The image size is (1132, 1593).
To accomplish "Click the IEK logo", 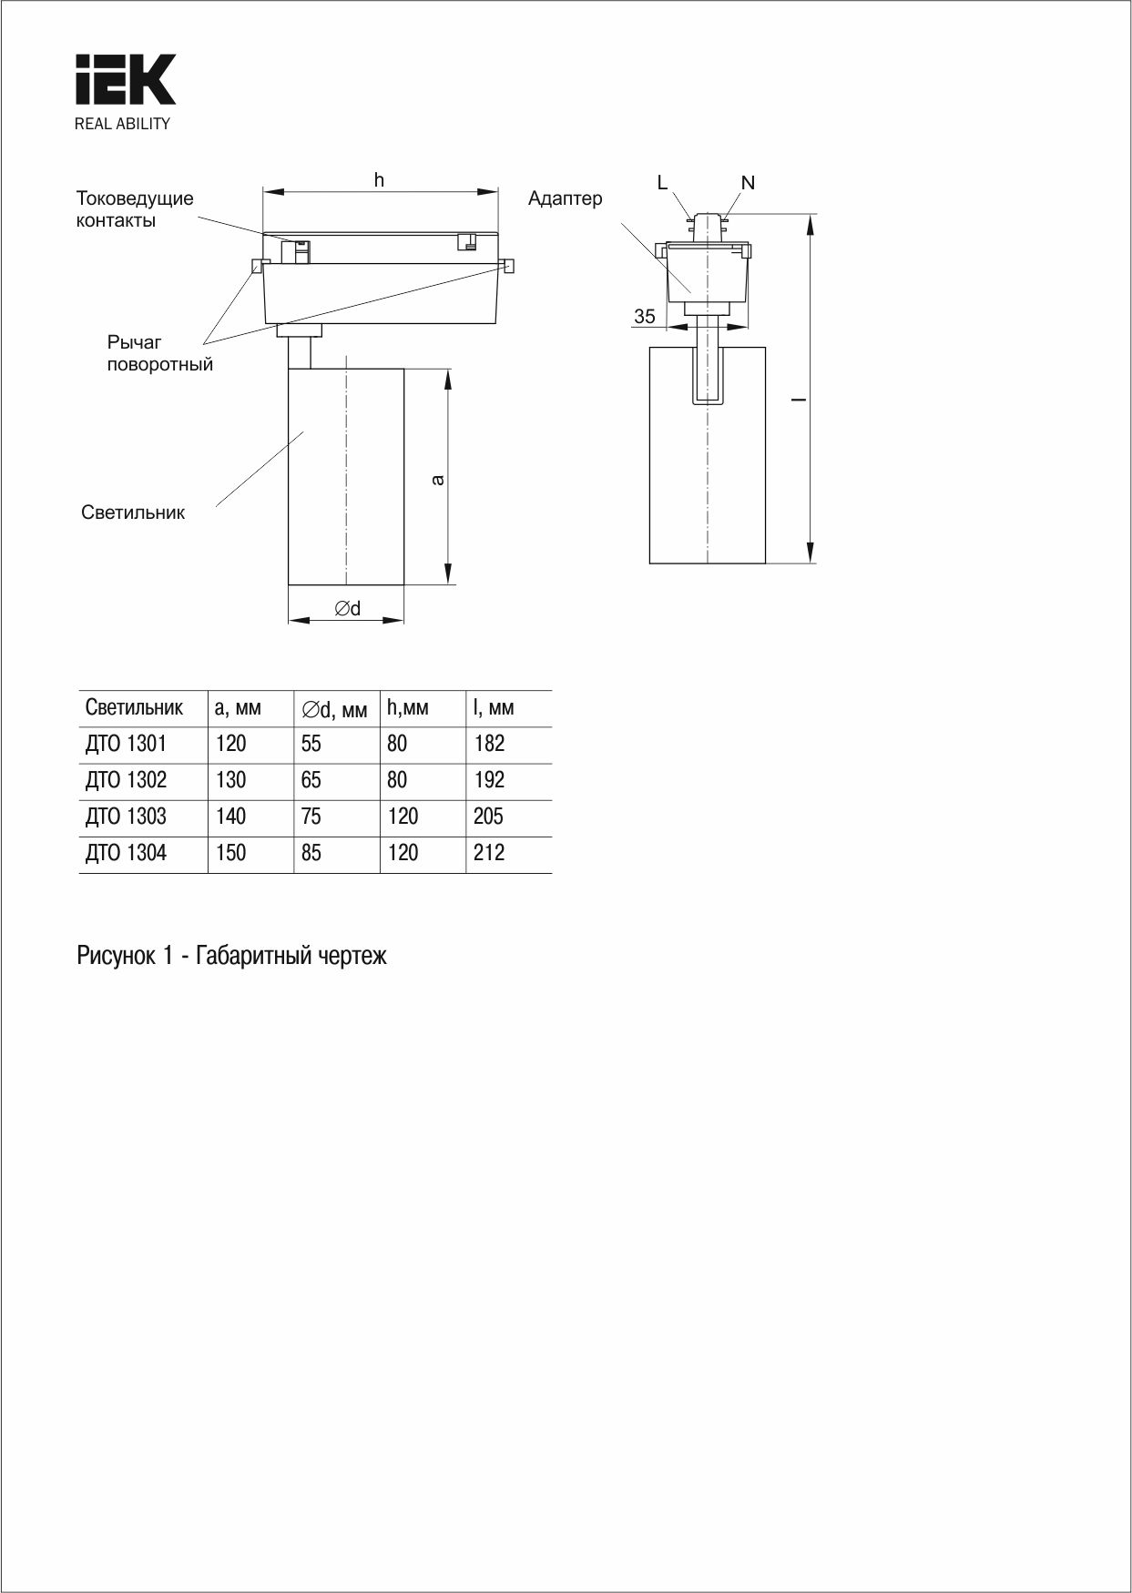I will [x=125, y=80].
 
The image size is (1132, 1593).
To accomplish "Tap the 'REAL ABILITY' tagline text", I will [x=122, y=125].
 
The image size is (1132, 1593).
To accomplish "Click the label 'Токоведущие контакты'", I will [x=135, y=209].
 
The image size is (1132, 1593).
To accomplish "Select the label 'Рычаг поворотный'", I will [x=159, y=353].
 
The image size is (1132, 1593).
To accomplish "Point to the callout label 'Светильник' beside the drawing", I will [x=133, y=512].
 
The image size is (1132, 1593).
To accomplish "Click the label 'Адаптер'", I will [x=565, y=198].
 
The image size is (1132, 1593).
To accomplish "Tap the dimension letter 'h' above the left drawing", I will [x=379, y=180].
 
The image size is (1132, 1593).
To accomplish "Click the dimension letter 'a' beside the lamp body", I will [x=438, y=479].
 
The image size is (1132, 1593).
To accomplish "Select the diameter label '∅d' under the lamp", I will [x=347, y=608].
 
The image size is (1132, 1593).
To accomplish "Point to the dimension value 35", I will [x=645, y=317].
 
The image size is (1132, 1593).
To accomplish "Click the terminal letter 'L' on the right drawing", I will [x=662, y=183].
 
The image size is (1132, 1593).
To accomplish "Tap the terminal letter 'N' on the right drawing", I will [x=748, y=183].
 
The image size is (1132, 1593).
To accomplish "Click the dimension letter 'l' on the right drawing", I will [x=797, y=399].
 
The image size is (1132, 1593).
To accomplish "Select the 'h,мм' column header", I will [x=407, y=707].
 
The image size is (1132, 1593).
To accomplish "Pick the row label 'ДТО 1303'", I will [x=127, y=817].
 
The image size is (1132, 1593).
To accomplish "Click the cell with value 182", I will [x=489, y=744].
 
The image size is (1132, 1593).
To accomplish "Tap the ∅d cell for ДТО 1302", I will [x=311, y=780].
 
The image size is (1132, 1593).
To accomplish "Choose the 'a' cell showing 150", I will [x=231, y=853].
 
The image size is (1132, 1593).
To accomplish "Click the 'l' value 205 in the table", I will [x=488, y=817].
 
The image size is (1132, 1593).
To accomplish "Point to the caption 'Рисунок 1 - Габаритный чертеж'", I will [x=232, y=956].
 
